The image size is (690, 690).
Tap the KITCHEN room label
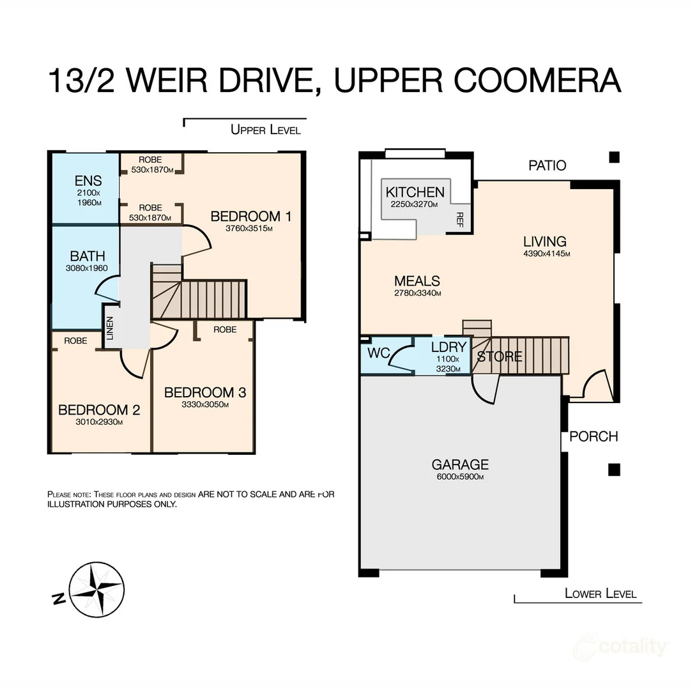coord(415,192)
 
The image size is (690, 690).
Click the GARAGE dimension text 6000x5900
coord(460,477)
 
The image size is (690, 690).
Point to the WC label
coord(378,353)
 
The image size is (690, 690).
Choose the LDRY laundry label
coord(449,348)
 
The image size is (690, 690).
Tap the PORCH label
coord(594,436)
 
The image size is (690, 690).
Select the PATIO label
coord(547,165)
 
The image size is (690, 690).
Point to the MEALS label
coord(417,281)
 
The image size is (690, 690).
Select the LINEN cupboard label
coord(110,328)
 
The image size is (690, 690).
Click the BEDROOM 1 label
coord(251,217)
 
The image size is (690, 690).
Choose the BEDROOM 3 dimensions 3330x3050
coord(205,404)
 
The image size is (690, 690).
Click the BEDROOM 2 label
coord(99,410)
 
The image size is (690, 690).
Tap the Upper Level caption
coord(265,130)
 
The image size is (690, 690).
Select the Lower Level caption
coord(601,594)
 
